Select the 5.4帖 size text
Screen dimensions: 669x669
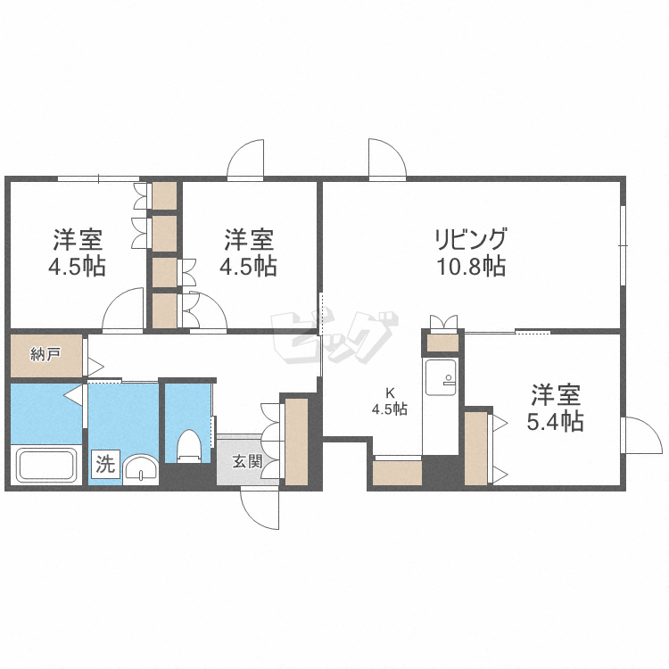point(555,421)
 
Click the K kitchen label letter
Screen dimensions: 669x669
point(390,392)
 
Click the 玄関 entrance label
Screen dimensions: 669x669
point(247,461)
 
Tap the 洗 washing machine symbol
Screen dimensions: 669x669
point(106,464)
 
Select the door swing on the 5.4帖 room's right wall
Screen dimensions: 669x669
point(640,436)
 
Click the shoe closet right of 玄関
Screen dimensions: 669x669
point(295,441)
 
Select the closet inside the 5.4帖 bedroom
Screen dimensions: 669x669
point(476,448)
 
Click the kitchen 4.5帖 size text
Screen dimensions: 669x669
point(390,410)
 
